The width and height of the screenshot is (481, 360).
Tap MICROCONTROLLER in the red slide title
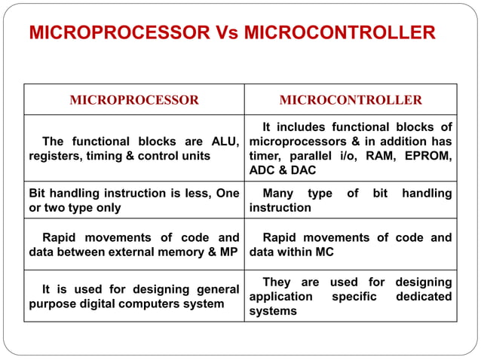339,33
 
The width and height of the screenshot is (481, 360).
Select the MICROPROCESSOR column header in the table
134,99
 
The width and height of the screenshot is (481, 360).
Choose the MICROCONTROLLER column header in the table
351,99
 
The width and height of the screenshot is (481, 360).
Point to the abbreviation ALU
225,142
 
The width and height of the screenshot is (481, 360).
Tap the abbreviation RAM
379,157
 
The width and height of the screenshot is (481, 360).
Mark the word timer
265,157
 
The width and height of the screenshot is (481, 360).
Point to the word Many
278,194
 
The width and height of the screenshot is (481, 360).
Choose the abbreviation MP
230,252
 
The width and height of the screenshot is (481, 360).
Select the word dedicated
424,297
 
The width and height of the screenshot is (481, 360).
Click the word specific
354,297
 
